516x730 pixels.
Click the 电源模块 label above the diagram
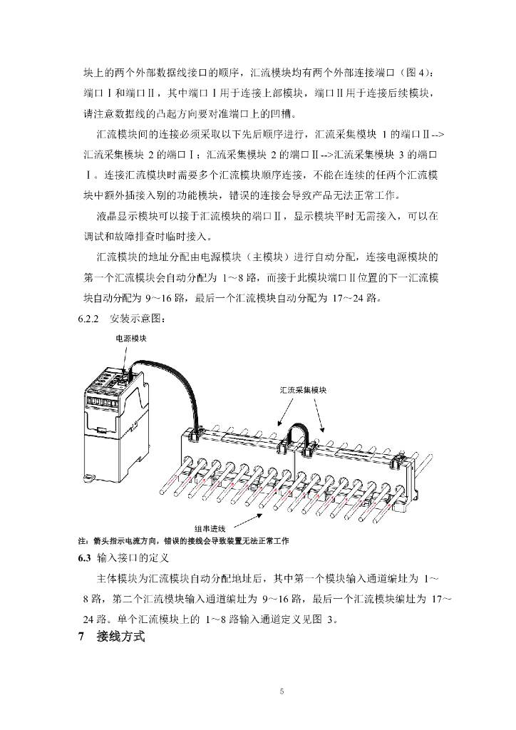click(x=132, y=339)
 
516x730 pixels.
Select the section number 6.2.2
click(x=90, y=318)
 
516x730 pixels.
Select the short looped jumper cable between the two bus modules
click(x=300, y=433)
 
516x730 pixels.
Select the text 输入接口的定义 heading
click(x=131, y=557)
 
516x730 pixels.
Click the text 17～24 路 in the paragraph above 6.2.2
click(x=354, y=297)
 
